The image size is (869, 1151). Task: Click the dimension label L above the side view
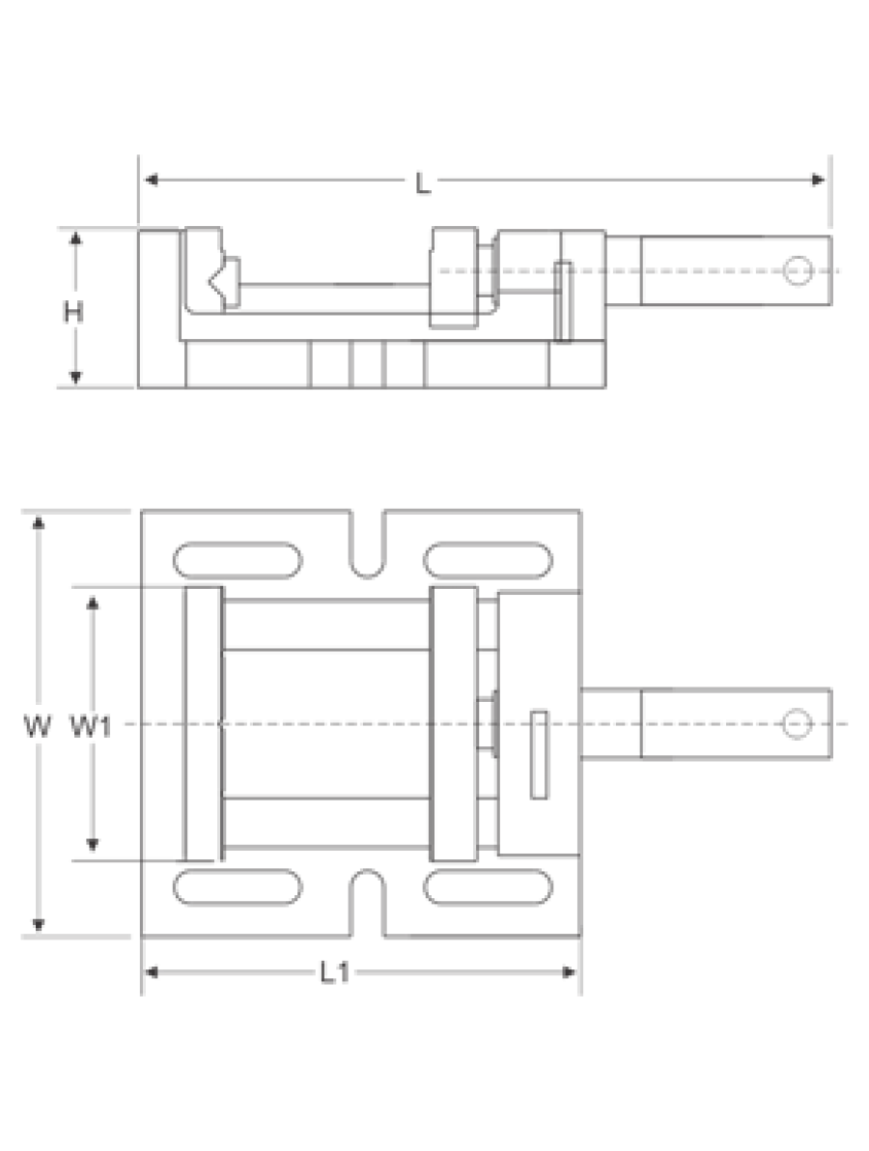pyautogui.click(x=423, y=182)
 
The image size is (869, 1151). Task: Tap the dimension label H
pyautogui.click(x=72, y=312)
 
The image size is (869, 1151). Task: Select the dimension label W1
pyautogui.click(x=91, y=727)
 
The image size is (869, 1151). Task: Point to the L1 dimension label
pyautogui.click(x=335, y=973)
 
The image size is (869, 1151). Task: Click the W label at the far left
pyautogui.click(x=38, y=727)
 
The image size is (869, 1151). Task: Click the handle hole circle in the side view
pyautogui.click(x=798, y=271)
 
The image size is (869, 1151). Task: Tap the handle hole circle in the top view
pyautogui.click(x=798, y=724)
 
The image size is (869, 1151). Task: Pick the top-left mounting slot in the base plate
pyautogui.click(x=238, y=560)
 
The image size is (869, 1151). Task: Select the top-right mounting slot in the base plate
pyautogui.click(x=488, y=560)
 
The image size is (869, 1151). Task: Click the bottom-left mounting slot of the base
pyautogui.click(x=238, y=886)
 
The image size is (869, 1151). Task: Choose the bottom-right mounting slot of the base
pyautogui.click(x=488, y=886)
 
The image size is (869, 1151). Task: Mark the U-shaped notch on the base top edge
pyautogui.click(x=366, y=544)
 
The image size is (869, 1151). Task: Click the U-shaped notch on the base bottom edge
pyautogui.click(x=366, y=904)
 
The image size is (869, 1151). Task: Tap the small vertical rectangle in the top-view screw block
pyautogui.click(x=539, y=754)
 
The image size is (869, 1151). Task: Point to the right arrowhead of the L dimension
pyautogui.click(x=819, y=180)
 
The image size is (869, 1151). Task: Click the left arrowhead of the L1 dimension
pyautogui.click(x=152, y=972)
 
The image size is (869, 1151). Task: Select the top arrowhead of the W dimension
pyautogui.click(x=39, y=522)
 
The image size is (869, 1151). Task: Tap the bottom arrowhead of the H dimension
pyautogui.click(x=75, y=378)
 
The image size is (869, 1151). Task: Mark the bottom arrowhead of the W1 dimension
pyautogui.click(x=93, y=844)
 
